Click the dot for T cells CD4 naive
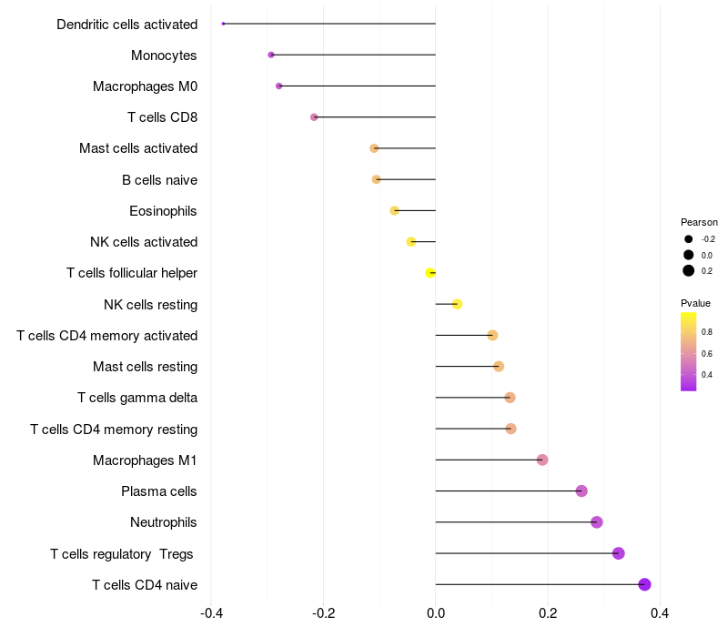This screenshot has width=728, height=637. click(x=644, y=584)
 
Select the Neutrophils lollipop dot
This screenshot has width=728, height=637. click(x=597, y=522)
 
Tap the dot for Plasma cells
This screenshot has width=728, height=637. click(x=581, y=491)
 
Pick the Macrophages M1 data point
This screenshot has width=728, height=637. click(x=542, y=460)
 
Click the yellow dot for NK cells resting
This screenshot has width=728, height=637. click(x=457, y=304)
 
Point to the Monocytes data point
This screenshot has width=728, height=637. click(x=271, y=55)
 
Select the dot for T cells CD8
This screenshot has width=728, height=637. click(x=314, y=117)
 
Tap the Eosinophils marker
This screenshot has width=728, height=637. click(x=394, y=210)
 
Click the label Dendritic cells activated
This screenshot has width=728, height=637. click(x=126, y=25)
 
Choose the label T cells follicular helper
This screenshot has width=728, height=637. click(x=132, y=273)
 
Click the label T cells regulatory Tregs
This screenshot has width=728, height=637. click(x=123, y=553)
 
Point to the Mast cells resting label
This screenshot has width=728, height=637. click(x=145, y=367)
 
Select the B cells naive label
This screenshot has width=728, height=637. click(x=159, y=179)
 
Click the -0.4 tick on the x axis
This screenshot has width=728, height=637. click(x=211, y=613)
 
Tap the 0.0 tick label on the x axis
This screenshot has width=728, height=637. click(x=436, y=613)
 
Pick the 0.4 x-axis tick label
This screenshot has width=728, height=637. click(x=660, y=613)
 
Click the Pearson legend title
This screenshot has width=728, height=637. click(x=699, y=222)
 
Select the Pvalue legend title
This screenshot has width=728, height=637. click(x=695, y=303)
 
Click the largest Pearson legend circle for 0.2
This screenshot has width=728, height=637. click(x=689, y=270)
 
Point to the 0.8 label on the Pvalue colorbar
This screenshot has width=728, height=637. click(x=707, y=332)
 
